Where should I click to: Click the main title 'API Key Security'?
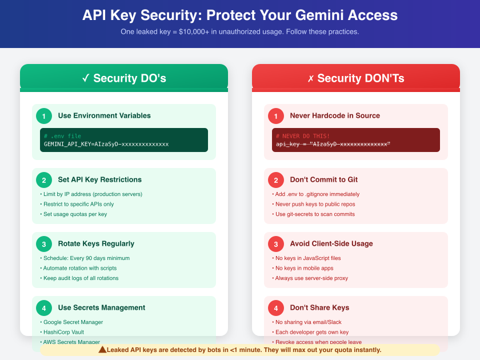[x=239, y=15]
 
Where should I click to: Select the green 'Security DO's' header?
[x=124, y=78]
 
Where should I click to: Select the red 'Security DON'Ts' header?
[x=355, y=78]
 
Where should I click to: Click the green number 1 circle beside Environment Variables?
[x=43, y=116]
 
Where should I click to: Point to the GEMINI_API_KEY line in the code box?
[x=106, y=144]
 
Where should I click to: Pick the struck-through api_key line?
[x=333, y=144]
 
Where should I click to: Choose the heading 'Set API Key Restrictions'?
[x=99, y=179]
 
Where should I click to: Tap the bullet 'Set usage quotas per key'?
[x=75, y=214]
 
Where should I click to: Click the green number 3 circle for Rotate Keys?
[x=43, y=244]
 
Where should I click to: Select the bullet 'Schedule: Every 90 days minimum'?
[x=86, y=258]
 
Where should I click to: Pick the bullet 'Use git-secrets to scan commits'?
[x=315, y=214]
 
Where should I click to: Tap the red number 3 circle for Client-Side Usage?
[x=275, y=244]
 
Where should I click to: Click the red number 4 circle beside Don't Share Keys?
[x=275, y=308]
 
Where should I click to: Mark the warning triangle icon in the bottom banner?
[x=102, y=349]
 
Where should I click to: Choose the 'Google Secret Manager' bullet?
[x=73, y=322]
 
